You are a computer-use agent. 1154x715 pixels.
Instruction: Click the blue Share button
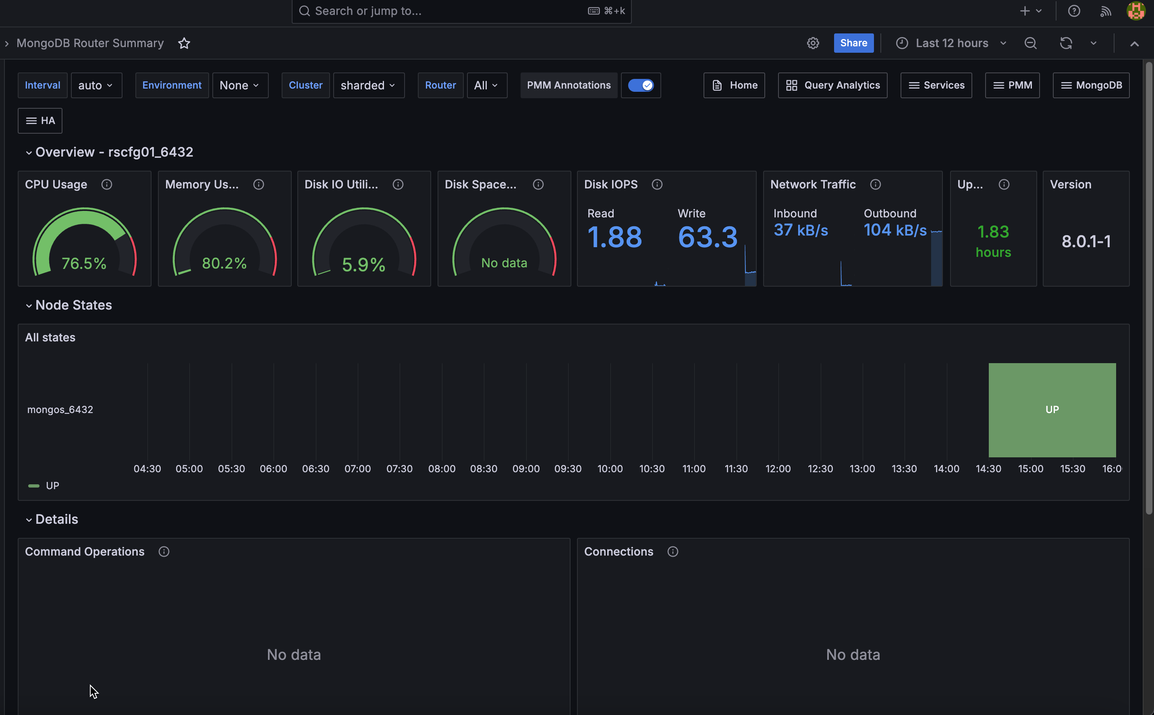853,43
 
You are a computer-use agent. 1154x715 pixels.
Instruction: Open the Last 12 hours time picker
951,43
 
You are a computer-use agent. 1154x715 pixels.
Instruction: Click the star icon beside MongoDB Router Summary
184,43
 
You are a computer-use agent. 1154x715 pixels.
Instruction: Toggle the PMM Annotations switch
641,85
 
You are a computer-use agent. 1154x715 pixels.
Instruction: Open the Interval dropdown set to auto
96,85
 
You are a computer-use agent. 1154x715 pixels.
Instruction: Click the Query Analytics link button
832,85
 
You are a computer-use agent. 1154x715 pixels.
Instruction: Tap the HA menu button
40,121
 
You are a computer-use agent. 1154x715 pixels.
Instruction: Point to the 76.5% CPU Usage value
84,263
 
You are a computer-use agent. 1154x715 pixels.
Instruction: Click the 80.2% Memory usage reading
224,263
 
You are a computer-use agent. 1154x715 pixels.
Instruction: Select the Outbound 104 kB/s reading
895,230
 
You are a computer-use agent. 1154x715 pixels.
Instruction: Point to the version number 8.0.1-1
1086,242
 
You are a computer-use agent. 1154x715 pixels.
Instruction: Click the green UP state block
1052,409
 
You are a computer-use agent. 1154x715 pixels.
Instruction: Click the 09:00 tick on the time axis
526,469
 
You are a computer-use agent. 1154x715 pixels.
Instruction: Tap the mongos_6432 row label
60,409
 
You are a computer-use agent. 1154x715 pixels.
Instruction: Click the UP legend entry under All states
52,486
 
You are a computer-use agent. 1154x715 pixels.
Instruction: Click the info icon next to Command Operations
164,552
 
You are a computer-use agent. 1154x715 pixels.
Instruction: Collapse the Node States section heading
73,305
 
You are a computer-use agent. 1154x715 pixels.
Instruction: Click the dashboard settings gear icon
813,43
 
